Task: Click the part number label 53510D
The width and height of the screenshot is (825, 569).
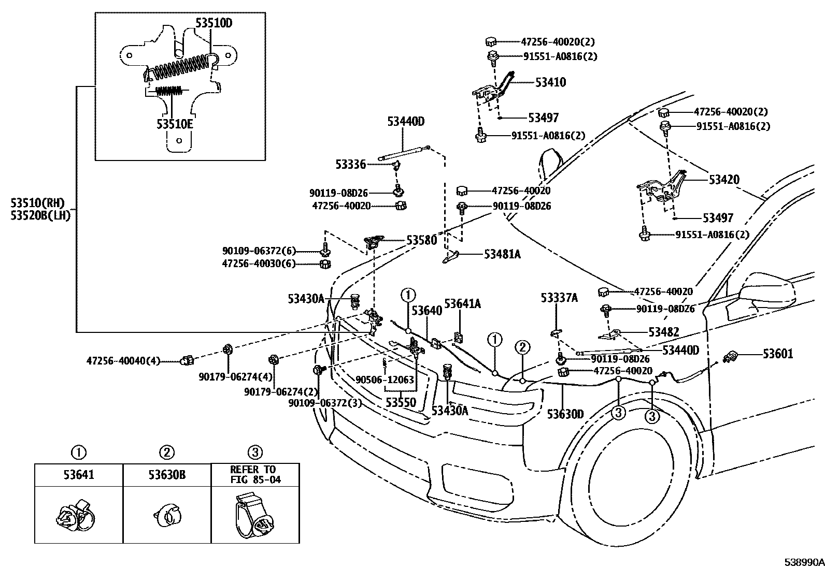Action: pos(214,22)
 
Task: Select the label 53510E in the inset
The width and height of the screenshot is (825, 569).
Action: pos(175,125)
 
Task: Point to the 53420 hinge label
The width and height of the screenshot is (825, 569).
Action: pos(724,180)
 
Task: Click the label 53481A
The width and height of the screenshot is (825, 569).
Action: pos(502,254)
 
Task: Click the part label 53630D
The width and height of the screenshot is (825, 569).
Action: pos(565,414)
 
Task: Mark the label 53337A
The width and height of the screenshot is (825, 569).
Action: pos(559,298)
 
